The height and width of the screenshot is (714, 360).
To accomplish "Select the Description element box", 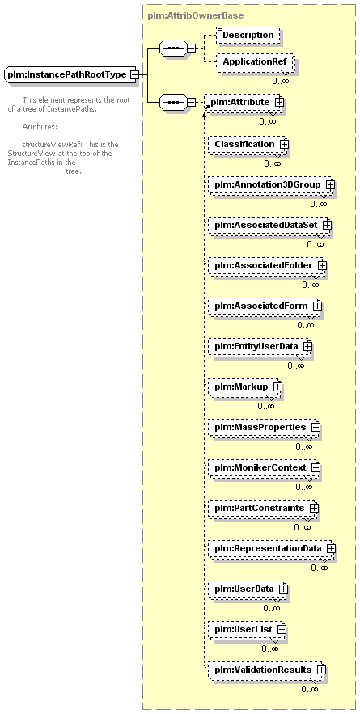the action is pos(248,35).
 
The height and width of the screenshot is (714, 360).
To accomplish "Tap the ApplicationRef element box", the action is pos(255,62).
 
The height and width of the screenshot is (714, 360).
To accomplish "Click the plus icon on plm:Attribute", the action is pos(279,102).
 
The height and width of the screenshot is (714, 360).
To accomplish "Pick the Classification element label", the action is pos(244,145).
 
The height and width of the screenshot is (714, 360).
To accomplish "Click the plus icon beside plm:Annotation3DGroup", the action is pos(330,185).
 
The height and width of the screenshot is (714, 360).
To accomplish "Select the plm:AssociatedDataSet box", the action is pos(270,225).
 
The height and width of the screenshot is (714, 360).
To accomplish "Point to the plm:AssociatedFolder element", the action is pos(268,265).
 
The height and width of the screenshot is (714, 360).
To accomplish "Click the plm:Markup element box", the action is pos(246,387).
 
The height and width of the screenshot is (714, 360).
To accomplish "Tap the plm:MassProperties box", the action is pos(265,427).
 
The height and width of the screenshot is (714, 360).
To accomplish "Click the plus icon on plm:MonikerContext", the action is pos(316,467).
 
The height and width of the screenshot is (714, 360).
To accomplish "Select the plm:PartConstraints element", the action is pos(264,508).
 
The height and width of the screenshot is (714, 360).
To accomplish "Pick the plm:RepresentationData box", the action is pos(273,548).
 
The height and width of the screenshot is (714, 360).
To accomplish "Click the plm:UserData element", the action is pos(248,589).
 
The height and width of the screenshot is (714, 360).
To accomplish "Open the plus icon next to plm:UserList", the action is pos(282,629).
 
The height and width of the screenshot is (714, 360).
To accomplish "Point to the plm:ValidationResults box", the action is pos(268,670).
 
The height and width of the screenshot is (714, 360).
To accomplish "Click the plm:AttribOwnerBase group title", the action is pos(196,15).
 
